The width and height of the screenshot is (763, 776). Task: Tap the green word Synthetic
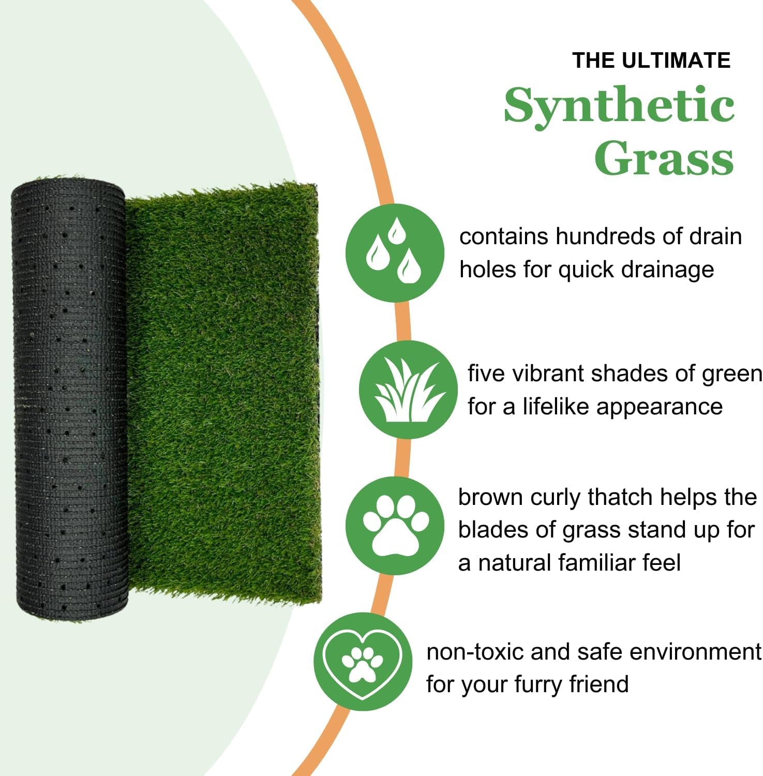point(619,106)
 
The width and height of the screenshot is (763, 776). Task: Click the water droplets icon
point(395,253)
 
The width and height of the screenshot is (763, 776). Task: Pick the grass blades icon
point(408,390)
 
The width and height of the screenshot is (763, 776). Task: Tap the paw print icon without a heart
point(395,526)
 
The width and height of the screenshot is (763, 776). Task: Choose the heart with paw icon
point(363,662)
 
